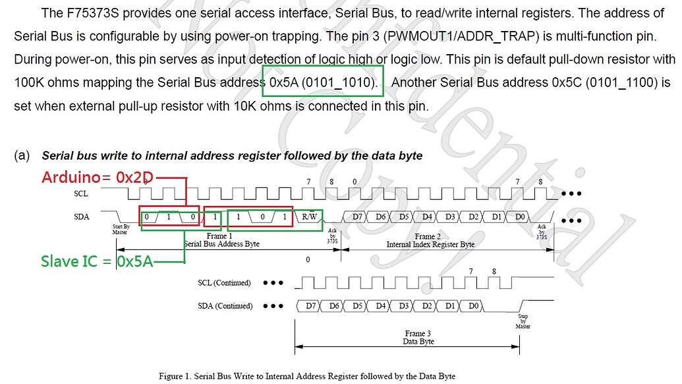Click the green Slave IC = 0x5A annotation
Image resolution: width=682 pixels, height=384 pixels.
coord(97,261)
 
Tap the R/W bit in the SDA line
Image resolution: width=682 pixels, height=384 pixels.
coord(310,216)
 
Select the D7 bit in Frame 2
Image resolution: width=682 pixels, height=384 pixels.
coord(358,216)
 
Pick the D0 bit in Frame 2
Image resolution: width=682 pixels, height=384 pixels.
coord(520,216)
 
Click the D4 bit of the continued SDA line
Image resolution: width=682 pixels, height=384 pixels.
coord(380,306)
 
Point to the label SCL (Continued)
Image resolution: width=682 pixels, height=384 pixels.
coord(225,283)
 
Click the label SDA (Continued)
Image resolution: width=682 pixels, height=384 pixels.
coord(225,306)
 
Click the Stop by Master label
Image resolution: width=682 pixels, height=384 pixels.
coord(522,322)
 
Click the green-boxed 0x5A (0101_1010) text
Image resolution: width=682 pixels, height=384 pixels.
coord(323,83)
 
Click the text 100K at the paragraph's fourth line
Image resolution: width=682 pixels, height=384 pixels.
coord(30,83)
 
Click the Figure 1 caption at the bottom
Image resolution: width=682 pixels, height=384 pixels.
coord(307,376)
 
